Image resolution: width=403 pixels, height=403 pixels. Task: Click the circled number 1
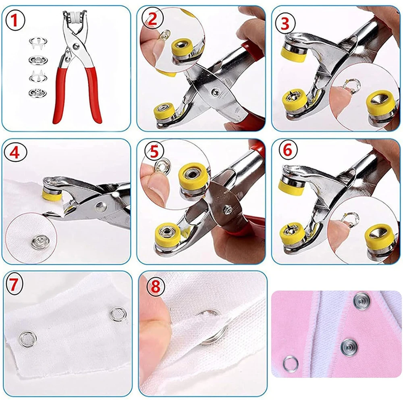click(x=15, y=20)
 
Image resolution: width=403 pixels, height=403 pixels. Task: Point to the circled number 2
click(x=152, y=20)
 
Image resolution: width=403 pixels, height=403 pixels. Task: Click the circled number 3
click(x=285, y=24)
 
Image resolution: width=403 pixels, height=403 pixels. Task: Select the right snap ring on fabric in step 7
click(x=118, y=314)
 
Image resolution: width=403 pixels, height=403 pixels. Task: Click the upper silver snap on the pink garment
click(x=360, y=300)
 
